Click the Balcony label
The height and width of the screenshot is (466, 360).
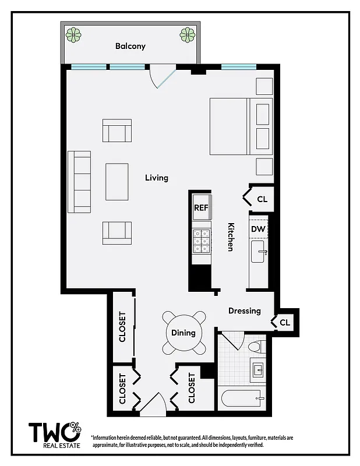130,46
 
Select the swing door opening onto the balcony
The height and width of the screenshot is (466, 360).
161,77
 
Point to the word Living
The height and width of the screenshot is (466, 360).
156,178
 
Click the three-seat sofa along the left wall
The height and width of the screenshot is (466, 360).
79,182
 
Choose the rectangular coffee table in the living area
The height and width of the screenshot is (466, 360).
117,182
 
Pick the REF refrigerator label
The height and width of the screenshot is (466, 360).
201,207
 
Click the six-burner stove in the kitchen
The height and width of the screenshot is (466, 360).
202,241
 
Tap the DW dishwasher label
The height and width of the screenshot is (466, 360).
258,229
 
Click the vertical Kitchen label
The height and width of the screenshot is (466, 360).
231,237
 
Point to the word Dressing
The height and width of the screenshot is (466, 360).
244,310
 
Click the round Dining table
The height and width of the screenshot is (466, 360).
183,333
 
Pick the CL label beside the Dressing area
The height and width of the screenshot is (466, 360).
284,322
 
